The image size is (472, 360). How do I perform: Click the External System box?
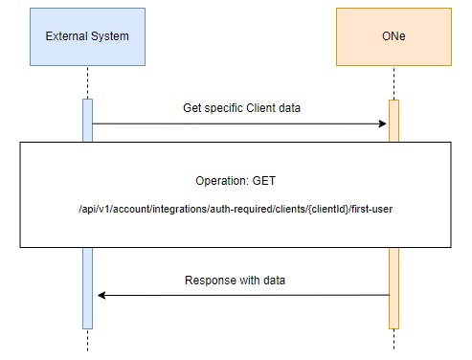tap(87, 37)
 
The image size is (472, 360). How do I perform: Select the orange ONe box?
tap(393, 37)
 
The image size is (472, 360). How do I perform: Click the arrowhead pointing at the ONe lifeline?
tap(382, 124)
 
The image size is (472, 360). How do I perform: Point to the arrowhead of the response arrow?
tap(101, 295)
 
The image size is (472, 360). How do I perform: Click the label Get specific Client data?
tap(241, 108)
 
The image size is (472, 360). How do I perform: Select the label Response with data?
tap(235, 281)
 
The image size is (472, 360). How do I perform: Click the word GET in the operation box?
tap(264, 181)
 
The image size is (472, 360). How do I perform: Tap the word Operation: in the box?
tap(222, 181)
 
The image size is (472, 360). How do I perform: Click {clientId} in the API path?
tap(328, 209)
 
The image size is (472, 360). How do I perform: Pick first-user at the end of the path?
tap(371, 209)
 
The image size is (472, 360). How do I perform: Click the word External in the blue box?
tap(66, 36)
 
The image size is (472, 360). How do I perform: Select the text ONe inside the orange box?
tap(393, 36)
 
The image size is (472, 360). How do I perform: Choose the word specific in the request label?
tap(224, 108)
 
